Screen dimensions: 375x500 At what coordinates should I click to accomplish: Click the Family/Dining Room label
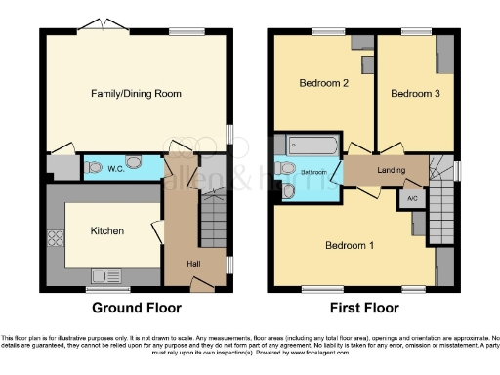(x=138, y=94)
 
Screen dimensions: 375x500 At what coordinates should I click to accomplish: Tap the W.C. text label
(x=115, y=168)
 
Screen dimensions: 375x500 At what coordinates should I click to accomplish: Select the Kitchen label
(x=106, y=231)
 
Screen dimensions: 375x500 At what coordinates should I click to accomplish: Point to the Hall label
(x=195, y=264)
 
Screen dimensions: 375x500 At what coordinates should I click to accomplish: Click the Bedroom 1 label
(x=349, y=244)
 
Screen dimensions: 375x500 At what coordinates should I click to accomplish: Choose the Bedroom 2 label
(x=323, y=84)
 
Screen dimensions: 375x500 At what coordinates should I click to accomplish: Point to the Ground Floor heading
(x=136, y=308)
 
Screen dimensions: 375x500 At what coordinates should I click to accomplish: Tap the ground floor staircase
(x=214, y=219)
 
